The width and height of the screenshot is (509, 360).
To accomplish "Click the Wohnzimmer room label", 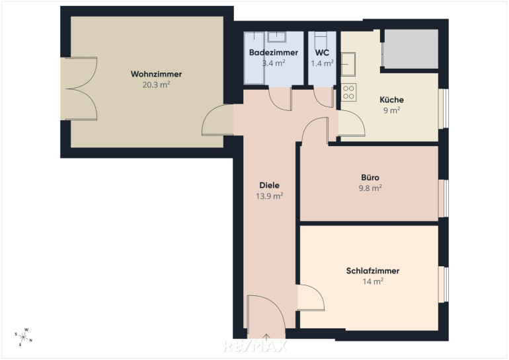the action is point(156,74).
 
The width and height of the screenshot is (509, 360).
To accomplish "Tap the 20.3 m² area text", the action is point(156,85).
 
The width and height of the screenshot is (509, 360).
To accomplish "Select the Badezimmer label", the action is point(274,53).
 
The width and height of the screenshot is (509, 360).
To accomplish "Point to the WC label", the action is point(322,53).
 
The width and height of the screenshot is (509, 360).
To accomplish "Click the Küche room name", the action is point(391,100).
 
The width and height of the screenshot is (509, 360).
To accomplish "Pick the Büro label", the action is point(370,178).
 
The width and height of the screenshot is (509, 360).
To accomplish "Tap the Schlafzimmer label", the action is point(373,271).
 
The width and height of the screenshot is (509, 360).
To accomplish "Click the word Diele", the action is point(269,185).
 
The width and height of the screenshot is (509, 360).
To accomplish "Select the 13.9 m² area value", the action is point(269,196).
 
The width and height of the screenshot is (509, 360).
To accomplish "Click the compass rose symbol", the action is point(23,338).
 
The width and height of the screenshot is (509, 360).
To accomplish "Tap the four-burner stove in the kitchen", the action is point(348,92).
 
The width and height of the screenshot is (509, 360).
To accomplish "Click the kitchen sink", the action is point(348,64).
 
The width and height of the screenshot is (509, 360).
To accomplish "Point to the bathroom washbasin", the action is point(276,37).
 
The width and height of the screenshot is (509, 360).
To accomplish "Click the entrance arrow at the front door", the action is point(266,338).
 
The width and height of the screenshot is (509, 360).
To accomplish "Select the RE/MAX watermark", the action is point(255,346).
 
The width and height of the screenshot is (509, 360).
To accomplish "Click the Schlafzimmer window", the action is point(444,285).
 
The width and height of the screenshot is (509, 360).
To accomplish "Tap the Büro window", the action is point(444,198).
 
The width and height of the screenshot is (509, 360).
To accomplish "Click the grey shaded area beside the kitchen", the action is point(411,49).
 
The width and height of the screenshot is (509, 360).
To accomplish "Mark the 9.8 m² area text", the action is point(370,188).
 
